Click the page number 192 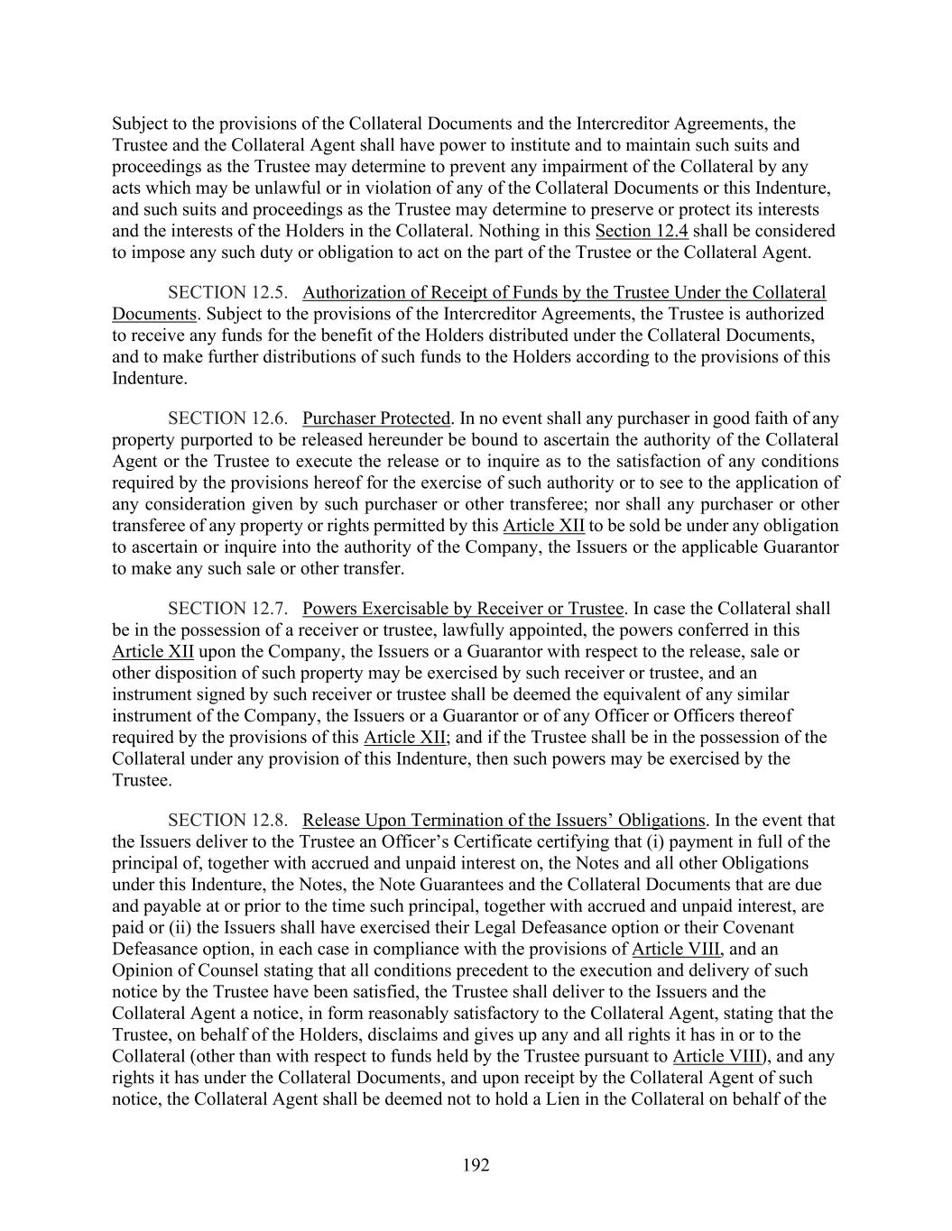(x=476, y=1165)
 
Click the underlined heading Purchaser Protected (x=376, y=418)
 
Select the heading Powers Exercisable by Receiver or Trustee (x=463, y=609)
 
